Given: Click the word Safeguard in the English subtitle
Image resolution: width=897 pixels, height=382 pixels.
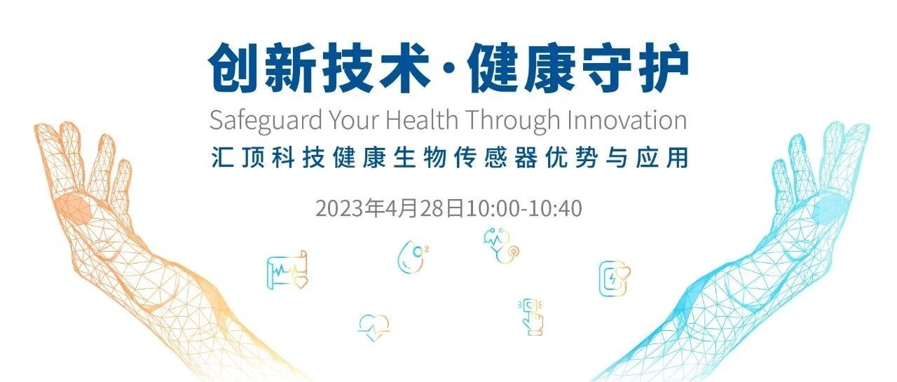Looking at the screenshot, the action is pos(266,121).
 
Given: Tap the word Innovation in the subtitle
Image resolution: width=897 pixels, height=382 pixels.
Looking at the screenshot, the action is pos(627,119).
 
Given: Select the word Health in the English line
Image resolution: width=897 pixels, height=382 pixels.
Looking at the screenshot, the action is pos(422,119).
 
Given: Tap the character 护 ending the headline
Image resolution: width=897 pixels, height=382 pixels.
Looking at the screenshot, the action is pos(664,68).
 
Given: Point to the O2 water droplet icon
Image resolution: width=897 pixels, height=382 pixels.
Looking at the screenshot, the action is pos(413,257).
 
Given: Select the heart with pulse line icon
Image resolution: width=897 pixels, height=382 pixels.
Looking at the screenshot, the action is pos(374,327).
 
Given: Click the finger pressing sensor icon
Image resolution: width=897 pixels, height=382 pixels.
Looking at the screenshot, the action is pos(531,316).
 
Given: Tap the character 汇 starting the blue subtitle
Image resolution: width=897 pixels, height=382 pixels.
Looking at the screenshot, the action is pos(222,158).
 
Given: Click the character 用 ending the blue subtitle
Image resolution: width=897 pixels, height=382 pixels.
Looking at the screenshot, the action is pos(677,158).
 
